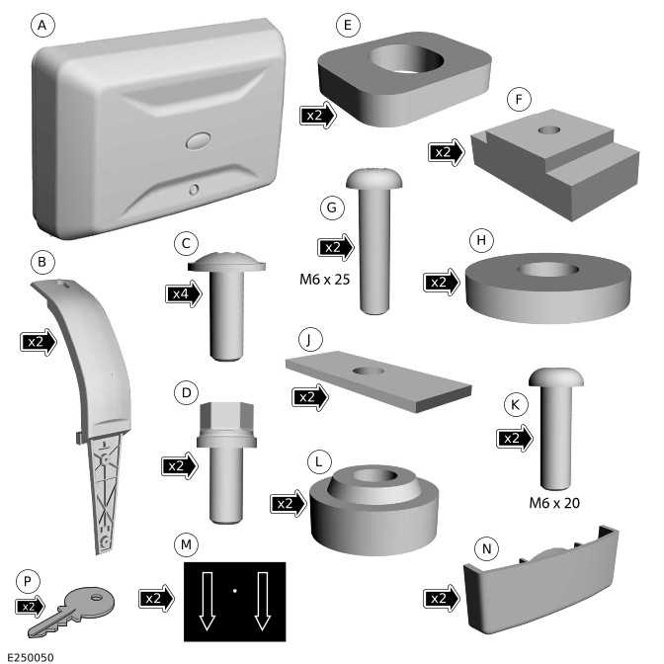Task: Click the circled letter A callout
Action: click(42, 25)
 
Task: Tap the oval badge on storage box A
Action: click(199, 141)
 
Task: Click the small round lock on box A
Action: click(194, 190)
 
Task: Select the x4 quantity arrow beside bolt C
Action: click(184, 293)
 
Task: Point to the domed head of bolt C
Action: click(226, 262)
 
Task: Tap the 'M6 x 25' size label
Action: click(325, 280)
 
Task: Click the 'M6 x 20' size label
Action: click(554, 503)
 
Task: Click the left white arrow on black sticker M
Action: click(207, 601)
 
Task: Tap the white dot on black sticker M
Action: click(235, 590)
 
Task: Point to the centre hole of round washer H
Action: click(549, 270)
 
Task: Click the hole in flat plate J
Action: click(369, 371)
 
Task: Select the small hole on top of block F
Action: click(549, 129)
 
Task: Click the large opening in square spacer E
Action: click(406, 59)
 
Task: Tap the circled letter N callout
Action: click(486, 548)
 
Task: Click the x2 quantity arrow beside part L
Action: click(288, 503)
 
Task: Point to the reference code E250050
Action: click(31, 657)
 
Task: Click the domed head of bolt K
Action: click(556, 376)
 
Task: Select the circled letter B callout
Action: click(41, 262)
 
